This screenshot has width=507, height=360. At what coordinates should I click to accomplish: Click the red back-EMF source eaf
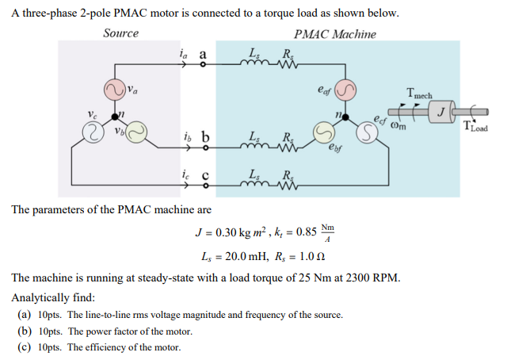(x=346, y=89)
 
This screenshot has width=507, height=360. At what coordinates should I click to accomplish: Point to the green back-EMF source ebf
(x=324, y=131)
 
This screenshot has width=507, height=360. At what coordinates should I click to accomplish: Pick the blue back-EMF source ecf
(x=368, y=132)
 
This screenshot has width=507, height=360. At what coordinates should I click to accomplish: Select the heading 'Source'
(x=120, y=33)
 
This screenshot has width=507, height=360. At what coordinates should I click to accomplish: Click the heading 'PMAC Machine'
(x=334, y=34)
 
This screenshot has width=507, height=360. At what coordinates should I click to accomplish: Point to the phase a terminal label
(x=203, y=55)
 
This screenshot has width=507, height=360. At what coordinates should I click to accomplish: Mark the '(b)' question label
(x=25, y=331)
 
